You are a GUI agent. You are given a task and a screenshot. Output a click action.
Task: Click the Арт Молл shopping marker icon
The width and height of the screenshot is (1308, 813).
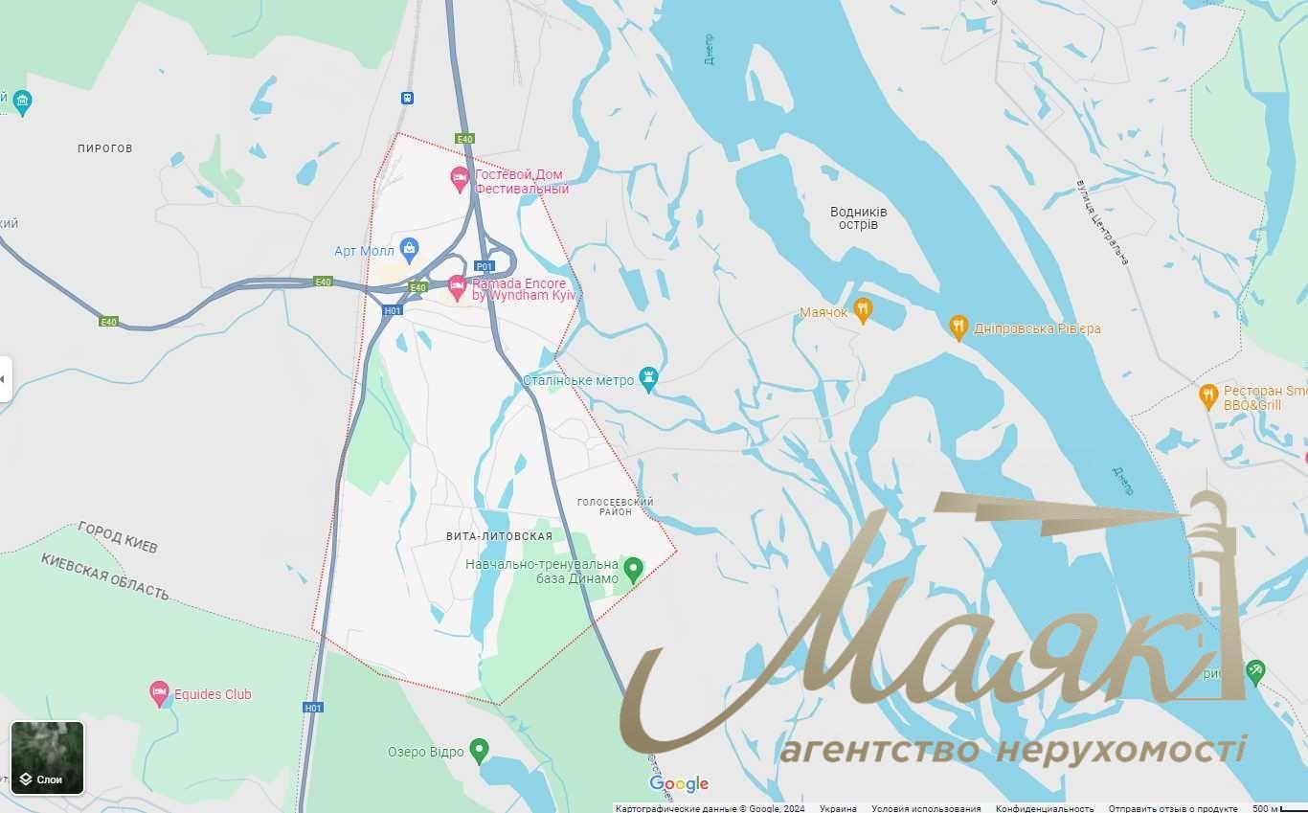point(409,250)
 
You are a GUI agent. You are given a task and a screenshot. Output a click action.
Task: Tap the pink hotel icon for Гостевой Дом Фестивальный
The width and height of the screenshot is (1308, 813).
point(460,177)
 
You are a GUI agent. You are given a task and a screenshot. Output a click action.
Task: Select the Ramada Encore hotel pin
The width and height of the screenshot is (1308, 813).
point(458,285)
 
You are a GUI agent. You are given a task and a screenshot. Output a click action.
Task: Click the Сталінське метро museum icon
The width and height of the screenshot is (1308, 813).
point(649,380)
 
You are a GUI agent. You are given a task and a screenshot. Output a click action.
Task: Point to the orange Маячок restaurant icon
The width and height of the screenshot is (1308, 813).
point(863,310)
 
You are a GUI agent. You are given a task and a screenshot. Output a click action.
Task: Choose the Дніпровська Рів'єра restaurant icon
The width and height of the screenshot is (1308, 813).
point(958,327)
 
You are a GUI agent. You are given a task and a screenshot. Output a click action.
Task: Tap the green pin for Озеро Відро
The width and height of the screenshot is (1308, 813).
point(480,751)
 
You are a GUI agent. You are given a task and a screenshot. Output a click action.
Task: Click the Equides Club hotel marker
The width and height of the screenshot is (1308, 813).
point(160,693)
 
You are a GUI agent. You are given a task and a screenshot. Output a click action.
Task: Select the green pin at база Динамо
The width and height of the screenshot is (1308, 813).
point(632,571)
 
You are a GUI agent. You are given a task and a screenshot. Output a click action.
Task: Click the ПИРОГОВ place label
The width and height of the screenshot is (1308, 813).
point(105,148)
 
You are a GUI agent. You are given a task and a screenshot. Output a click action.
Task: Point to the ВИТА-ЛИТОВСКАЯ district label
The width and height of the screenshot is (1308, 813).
point(499,536)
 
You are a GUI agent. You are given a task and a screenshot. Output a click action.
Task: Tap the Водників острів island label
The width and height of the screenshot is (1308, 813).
point(858,218)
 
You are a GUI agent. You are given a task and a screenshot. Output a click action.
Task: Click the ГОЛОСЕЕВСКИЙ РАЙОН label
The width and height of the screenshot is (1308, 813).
point(615,507)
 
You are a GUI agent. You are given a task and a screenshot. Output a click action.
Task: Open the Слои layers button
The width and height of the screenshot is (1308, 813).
point(47,758)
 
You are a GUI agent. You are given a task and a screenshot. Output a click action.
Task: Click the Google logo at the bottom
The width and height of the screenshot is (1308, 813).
point(679,784)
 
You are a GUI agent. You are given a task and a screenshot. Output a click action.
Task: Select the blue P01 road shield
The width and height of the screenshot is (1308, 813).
point(485,266)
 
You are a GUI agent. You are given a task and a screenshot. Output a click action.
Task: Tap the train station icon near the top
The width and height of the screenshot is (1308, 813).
point(408,98)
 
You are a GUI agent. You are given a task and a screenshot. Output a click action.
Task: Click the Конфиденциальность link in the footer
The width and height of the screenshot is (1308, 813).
point(1044,808)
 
